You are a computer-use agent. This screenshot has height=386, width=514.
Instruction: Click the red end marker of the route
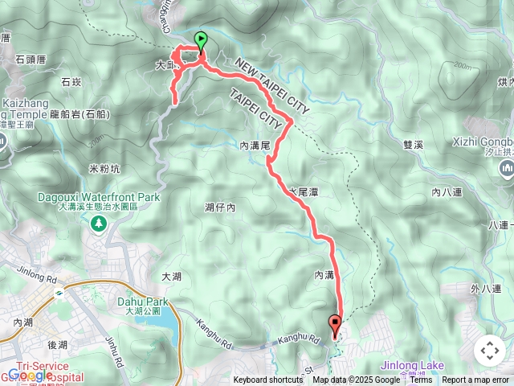pos(335,325)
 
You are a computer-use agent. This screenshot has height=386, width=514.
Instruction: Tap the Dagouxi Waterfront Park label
pos(97,196)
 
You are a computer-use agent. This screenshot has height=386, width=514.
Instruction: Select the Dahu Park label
pos(138,302)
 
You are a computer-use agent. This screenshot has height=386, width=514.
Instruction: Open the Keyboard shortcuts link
pos(268,380)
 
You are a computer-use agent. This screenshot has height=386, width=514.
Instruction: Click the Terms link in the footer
pos(421,380)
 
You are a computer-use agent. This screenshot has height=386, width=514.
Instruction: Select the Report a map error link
pos(475,380)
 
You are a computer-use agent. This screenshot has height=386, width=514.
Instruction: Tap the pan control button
pos(489,351)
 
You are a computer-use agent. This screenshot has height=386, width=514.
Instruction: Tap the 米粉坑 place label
pos(104,169)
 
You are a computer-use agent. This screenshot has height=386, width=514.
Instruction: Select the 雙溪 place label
pos(414,145)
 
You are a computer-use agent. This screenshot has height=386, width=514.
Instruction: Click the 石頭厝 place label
pos(31,59)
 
